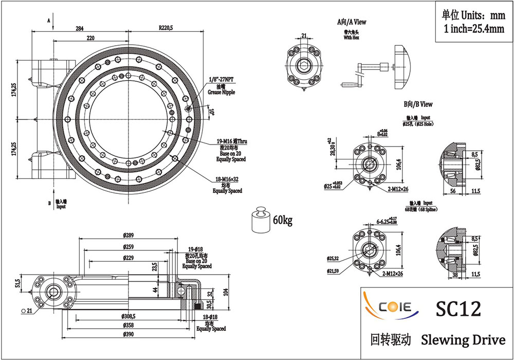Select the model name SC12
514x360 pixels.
click(458, 309)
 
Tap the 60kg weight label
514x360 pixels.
click(282, 221)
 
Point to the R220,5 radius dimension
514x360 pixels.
click(166, 27)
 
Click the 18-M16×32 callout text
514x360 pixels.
click(227, 179)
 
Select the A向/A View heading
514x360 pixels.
click(352, 22)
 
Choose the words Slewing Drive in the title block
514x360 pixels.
click(463, 340)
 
